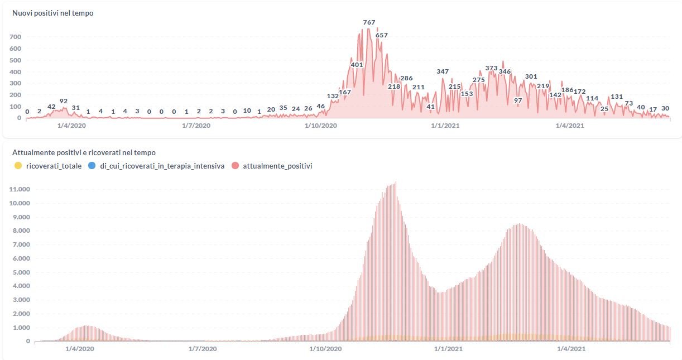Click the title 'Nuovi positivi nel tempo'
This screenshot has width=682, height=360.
tap(52, 13)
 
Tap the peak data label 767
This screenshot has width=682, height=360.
tap(369, 22)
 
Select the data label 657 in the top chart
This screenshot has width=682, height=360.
tap(382, 35)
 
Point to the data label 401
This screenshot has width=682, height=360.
tap(357, 65)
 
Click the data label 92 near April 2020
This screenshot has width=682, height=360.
tap(64, 101)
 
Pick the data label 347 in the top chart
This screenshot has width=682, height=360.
tap(443, 71)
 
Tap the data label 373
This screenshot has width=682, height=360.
tap(491, 68)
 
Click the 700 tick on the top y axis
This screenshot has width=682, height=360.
tap(15, 37)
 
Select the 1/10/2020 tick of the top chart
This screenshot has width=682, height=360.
tap(321, 126)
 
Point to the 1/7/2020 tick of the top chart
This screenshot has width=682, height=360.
tap(196, 126)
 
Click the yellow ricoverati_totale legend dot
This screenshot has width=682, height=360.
tap(18, 166)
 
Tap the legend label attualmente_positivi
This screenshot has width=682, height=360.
tap(277, 166)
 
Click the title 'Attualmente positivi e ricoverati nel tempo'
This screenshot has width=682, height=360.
tap(84, 152)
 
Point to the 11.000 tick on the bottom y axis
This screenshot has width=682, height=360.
tap(20, 190)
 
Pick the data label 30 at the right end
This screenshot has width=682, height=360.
tap(665, 108)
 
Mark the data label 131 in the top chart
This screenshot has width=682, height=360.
tap(617, 97)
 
